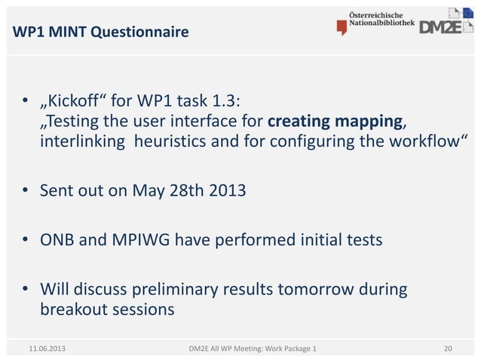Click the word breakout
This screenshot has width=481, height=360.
[74, 310]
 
